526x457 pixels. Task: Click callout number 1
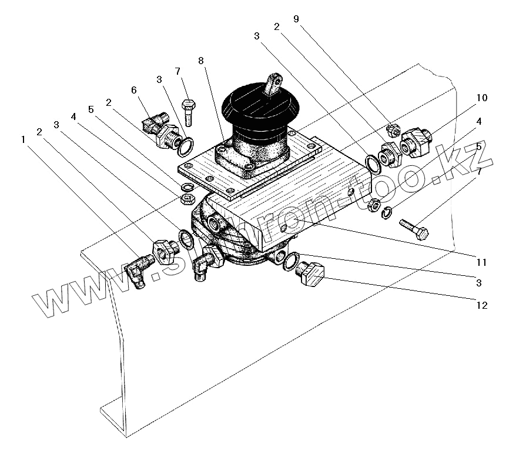[23, 140]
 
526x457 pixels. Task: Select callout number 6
[133, 90]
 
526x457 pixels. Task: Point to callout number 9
[296, 19]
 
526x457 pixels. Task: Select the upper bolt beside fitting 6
[188, 112]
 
